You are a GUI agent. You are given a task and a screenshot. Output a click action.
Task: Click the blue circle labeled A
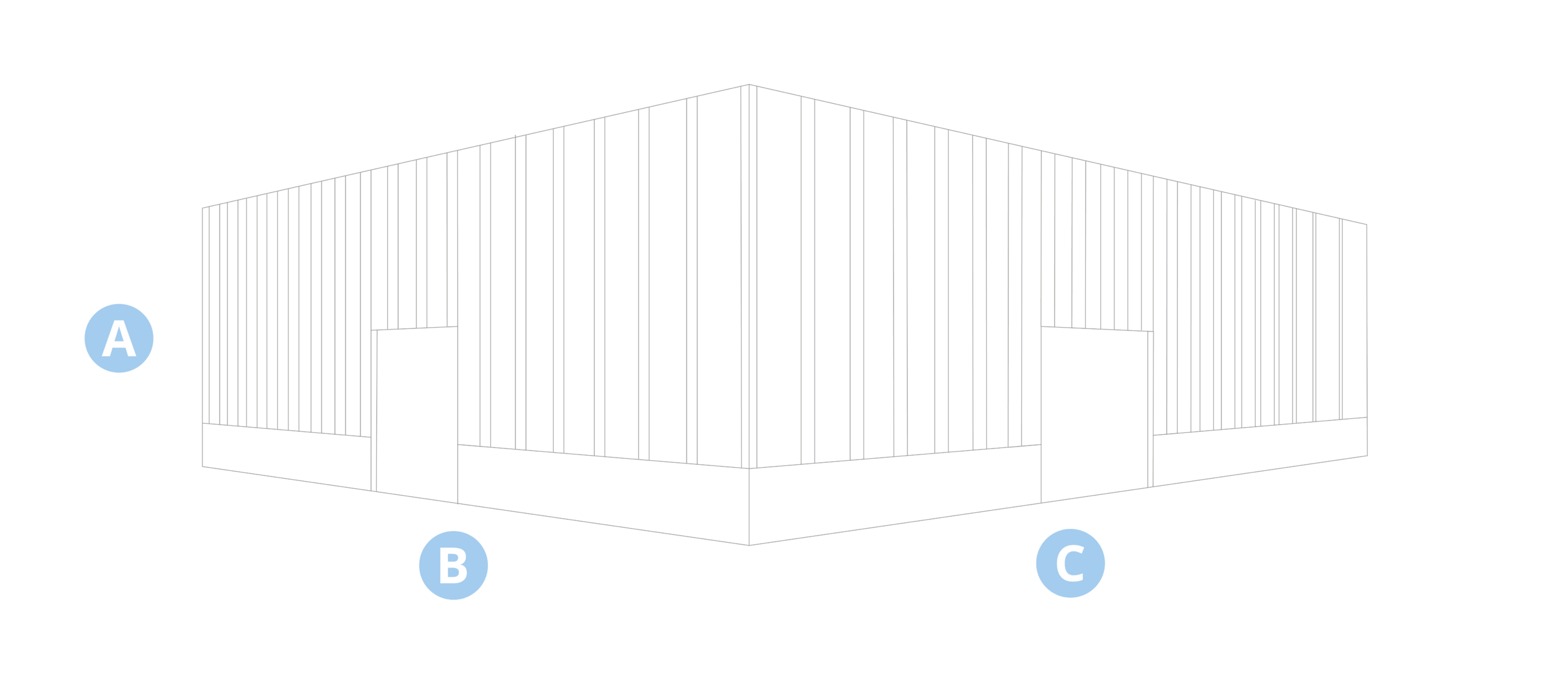(119, 338)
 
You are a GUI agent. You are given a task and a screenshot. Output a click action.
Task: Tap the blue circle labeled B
(453, 565)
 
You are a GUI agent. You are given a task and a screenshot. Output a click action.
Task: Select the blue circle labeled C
(1070, 563)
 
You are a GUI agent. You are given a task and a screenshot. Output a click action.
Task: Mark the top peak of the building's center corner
(749, 85)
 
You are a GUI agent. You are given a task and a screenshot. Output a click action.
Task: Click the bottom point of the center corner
(749, 544)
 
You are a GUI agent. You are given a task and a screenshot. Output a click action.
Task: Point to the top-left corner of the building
(202, 208)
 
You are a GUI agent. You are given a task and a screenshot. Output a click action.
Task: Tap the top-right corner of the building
(1367, 225)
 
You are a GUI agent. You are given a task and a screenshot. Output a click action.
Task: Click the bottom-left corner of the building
(202, 467)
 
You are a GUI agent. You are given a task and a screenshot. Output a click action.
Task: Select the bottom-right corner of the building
(1367, 456)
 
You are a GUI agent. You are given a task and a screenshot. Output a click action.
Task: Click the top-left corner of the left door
(373, 330)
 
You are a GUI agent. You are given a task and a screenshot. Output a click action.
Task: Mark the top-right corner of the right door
(1153, 331)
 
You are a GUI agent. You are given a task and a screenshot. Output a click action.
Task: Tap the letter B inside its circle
(453, 566)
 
